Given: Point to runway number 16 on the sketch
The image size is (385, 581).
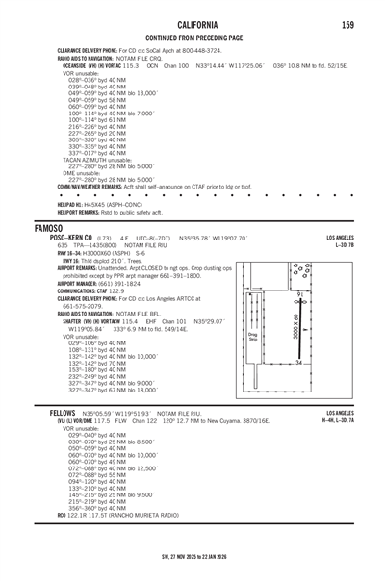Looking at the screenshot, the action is pos(299,295).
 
